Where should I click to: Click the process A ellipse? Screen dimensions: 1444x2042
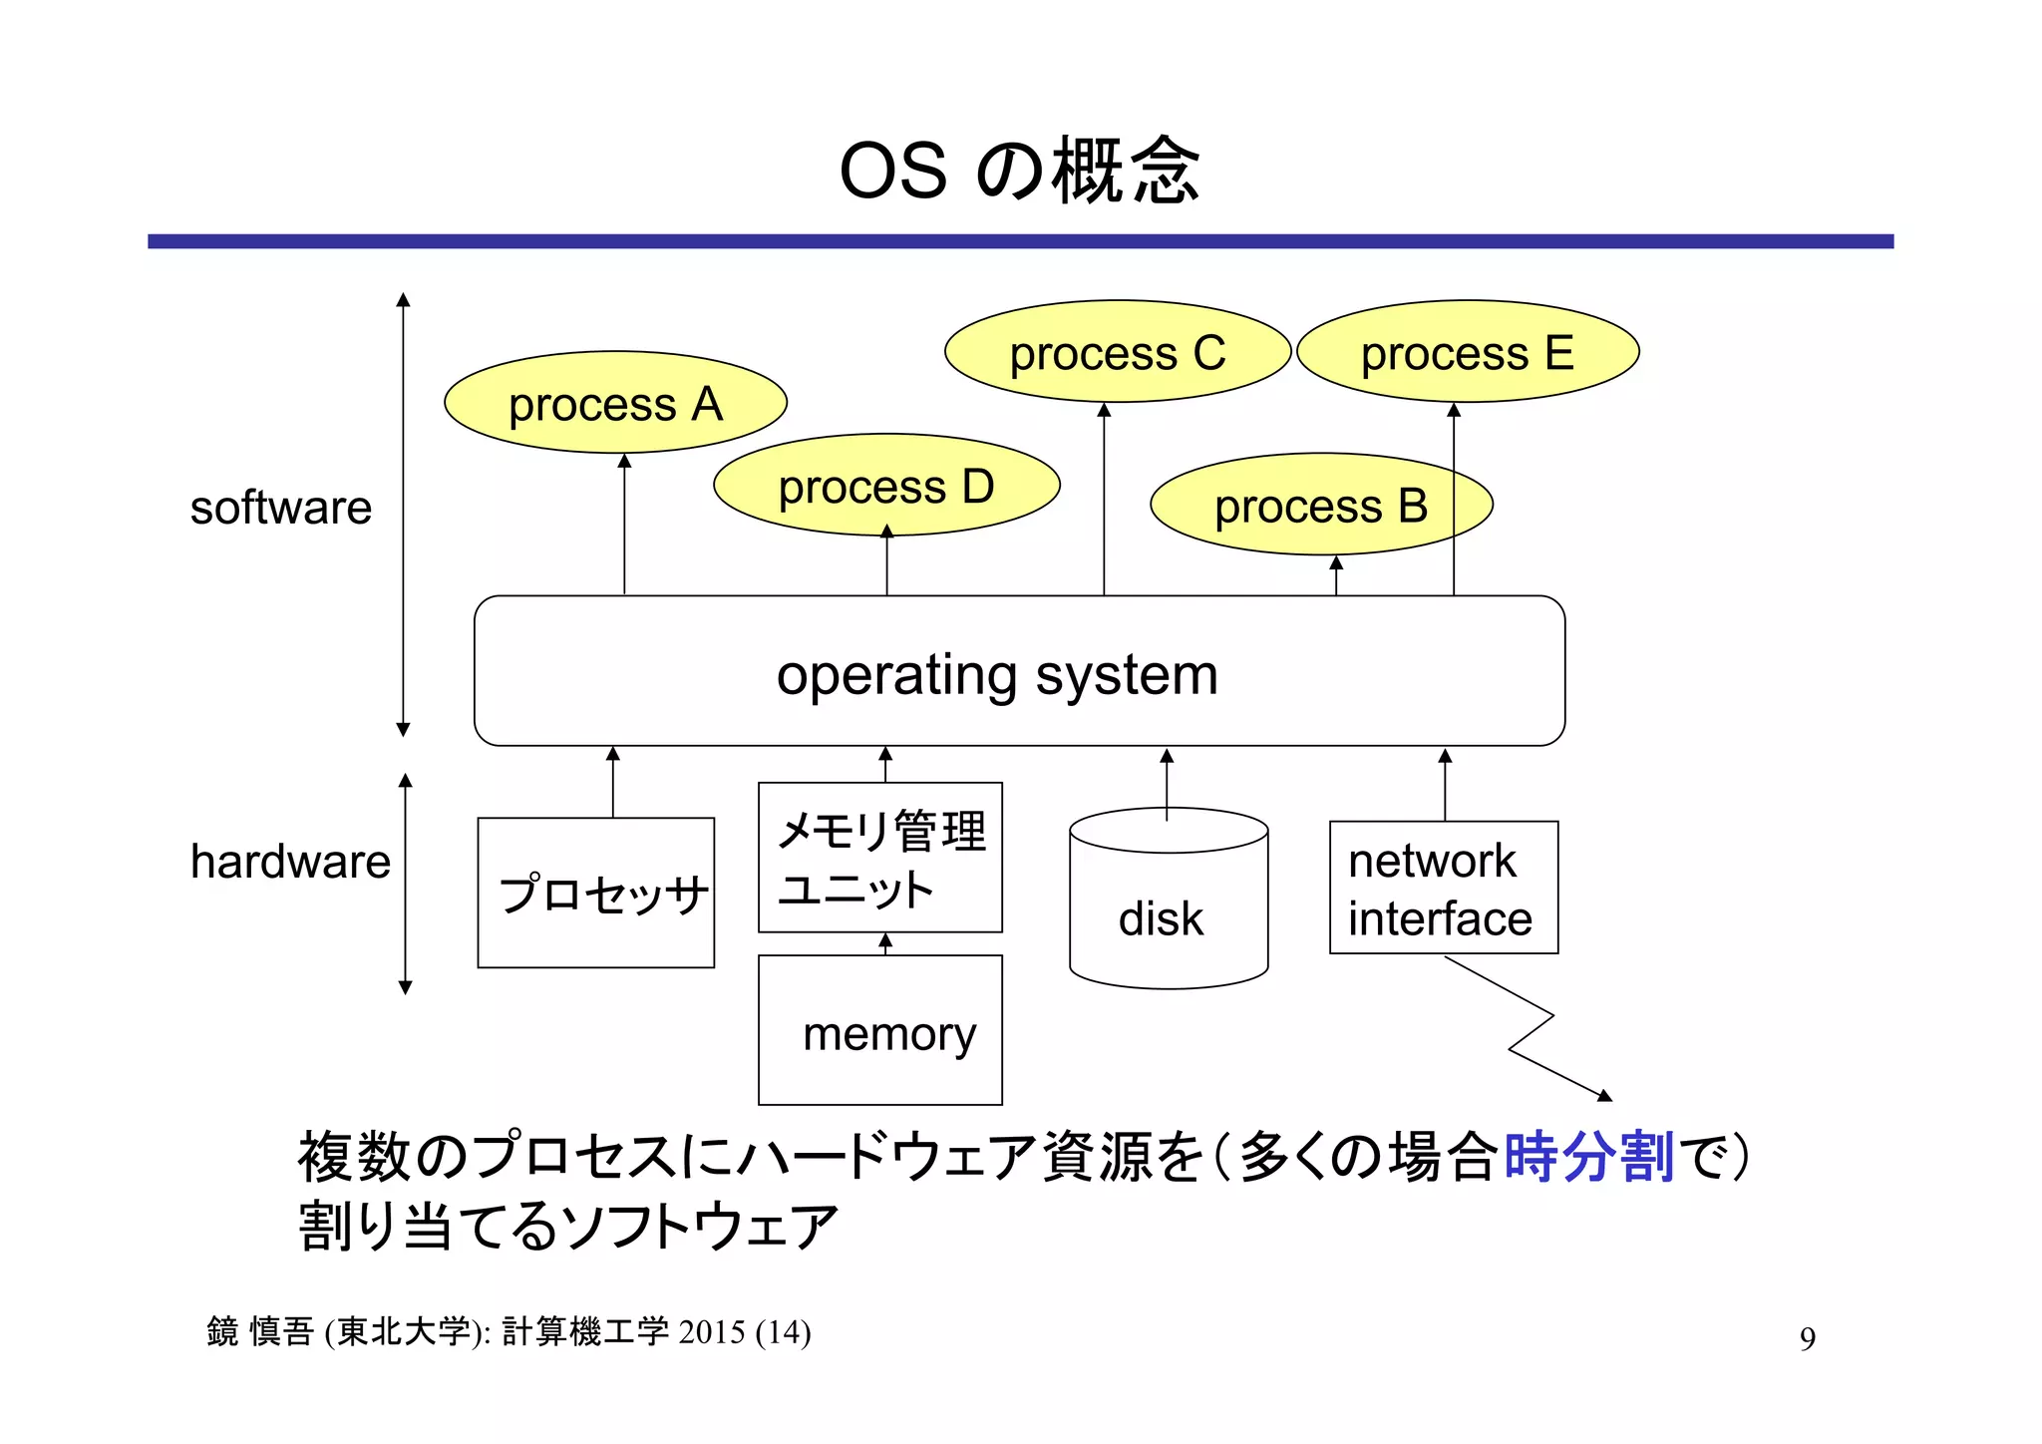615,403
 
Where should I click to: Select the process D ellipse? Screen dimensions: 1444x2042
885,486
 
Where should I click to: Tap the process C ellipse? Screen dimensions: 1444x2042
1117,352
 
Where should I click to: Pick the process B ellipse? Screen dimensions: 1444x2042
1320,505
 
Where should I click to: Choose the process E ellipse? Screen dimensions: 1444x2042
1467,352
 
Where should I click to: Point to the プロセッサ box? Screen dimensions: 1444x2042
595,893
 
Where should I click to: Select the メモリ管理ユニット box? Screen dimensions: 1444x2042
879,858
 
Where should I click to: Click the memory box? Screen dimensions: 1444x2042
879,1031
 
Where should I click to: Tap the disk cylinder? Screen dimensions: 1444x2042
1168,912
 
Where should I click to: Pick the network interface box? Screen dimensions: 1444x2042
1443,888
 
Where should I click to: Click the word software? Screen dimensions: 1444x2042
280,508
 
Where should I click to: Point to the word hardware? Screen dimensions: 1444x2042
290,862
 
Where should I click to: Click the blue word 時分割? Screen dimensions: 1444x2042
1587,1158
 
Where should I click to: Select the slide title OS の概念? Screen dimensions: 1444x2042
1019,171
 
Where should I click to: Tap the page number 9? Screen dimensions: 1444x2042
1807,1338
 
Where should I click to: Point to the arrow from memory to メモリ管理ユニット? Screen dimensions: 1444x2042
885,943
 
